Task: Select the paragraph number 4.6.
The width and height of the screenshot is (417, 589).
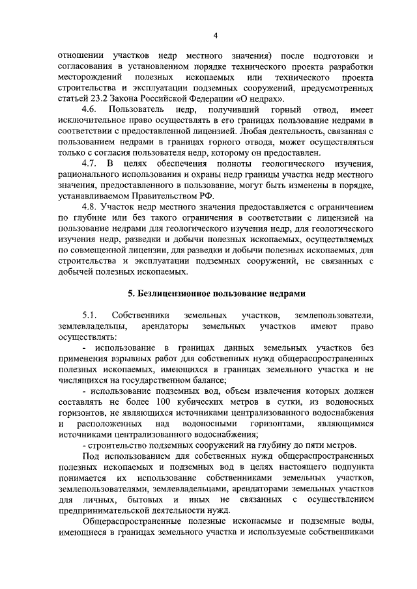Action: pos(89,111)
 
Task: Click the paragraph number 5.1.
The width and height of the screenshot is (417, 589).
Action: pos(89,315)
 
